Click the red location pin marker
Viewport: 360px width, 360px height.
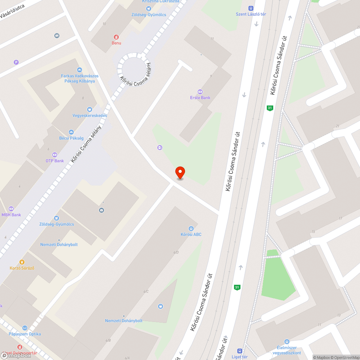pyautogui.click(x=180, y=172)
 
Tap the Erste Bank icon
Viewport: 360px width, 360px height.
pyautogui.click(x=200, y=91)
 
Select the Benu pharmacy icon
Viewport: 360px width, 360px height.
pyautogui.click(x=116, y=37)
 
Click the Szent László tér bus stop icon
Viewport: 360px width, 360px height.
pyautogui.click(x=251, y=8)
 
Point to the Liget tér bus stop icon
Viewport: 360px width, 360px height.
pyautogui.click(x=240, y=351)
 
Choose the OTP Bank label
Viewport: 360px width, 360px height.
pyautogui.click(x=55, y=161)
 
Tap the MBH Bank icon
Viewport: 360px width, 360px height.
pyautogui.click(x=11, y=209)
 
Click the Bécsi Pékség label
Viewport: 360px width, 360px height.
pyautogui.click(x=71, y=138)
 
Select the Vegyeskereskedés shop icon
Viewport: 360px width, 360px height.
pyautogui.click(x=90, y=109)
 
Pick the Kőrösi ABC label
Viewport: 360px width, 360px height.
pyautogui.click(x=191, y=234)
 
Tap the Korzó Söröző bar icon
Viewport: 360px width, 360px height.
pyautogui.click(x=22, y=262)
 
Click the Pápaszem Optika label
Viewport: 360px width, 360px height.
pyautogui.click(x=25, y=334)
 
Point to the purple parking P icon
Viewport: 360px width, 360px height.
pyautogui.click(x=16, y=62)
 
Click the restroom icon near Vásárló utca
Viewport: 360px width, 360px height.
pyautogui.click(x=57, y=36)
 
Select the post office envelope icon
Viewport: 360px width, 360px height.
pyautogui.click(x=102, y=210)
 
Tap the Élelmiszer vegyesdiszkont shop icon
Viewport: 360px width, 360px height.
pyautogui.click(x=287, y=341)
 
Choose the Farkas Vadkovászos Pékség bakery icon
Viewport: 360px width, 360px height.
pyautogui.click(x=80, y=70)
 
